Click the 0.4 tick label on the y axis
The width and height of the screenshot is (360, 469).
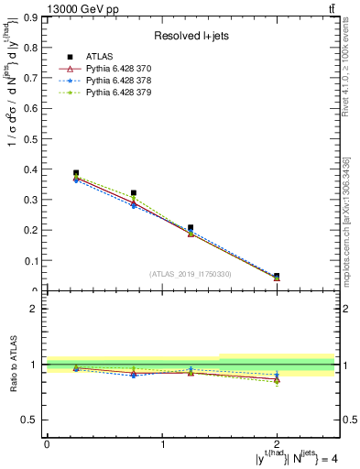point(31,169)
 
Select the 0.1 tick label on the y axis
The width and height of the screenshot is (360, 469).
point(31,261)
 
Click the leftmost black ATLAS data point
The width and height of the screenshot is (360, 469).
point(75,173)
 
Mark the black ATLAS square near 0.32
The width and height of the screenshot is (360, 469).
point(133,193)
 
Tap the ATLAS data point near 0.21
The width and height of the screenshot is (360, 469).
point(191,227)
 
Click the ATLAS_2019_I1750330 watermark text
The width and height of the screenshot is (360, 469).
point(190,274)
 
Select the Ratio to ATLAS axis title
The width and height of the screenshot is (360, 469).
point(14,365)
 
